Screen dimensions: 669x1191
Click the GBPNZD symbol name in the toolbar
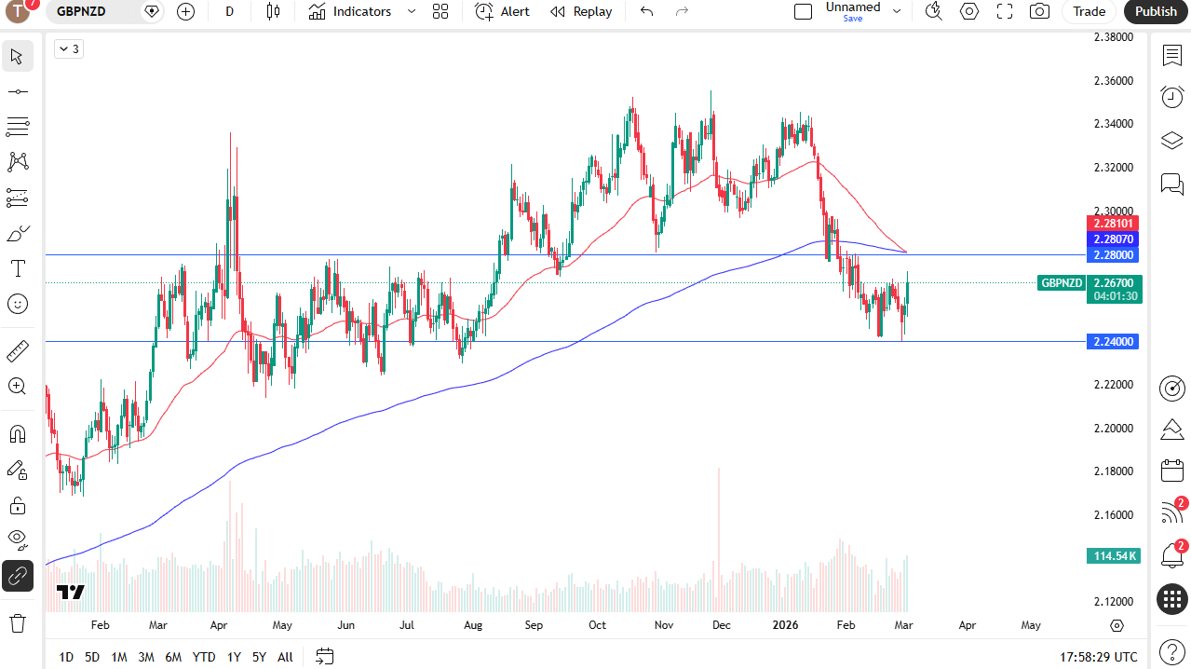(x=81, y=11)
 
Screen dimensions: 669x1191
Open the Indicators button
(x=350, y=11)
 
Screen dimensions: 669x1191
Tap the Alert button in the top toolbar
(x=502, y=11)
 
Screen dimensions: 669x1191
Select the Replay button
(x=581, y=11)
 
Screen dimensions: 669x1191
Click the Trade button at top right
(x=1089, y=11)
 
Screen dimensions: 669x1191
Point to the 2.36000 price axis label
(x=1113, y=81)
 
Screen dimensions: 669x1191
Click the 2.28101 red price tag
(x=1113, y=224)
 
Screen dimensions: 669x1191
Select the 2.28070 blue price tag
(x=1113, y=239)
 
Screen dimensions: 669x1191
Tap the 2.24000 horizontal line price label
(x=1113, y=342)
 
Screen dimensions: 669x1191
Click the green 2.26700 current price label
(x=1113, y=282)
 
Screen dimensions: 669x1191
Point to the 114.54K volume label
(x=1113, y=556)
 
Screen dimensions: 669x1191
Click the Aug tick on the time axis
(x=472, y=625)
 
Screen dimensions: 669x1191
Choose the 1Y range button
(x=234, y=657)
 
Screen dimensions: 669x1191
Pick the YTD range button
(x=204, y=657)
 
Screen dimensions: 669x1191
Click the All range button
(x=285, y=657)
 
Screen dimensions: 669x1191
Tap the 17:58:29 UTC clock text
(x=1098, y=657)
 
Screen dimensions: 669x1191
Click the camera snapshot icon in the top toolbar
(x=1039, y=11)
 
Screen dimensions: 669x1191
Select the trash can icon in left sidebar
(x=18, y=622)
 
